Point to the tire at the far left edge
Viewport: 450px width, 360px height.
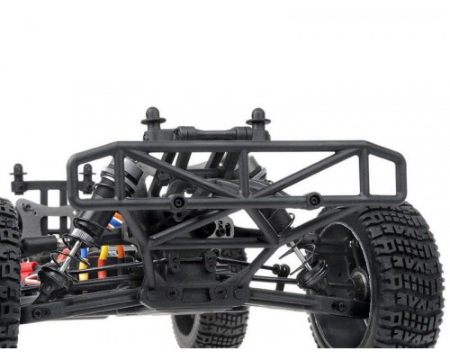pos(8,270)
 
